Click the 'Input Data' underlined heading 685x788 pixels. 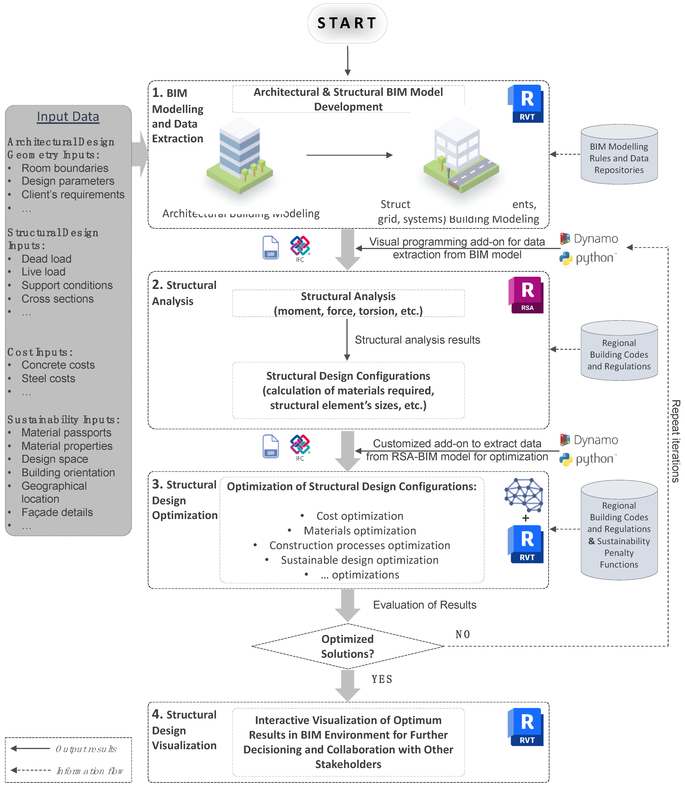68,117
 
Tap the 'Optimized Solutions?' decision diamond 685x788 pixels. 347,646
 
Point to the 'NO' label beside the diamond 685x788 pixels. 462,634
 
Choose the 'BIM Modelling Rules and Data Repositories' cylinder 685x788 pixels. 619,155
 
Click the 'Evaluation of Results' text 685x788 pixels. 424,605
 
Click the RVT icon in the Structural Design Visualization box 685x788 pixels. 526,727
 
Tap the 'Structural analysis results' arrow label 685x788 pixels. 417,340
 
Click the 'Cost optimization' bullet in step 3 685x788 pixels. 359,516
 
